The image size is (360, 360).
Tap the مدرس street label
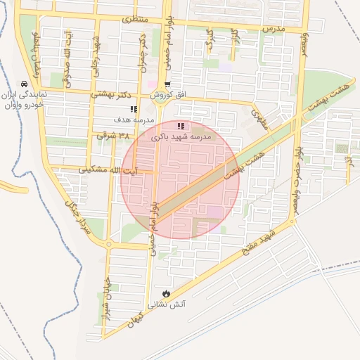tap(272, 28)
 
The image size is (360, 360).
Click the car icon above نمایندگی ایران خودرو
tap(25, 82)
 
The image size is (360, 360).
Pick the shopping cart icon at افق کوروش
tap(167, 85)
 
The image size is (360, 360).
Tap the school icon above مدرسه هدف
tap(134, 108)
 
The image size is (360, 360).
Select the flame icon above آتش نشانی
tap(165, 294)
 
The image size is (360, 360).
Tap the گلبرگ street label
tap(209, 40)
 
